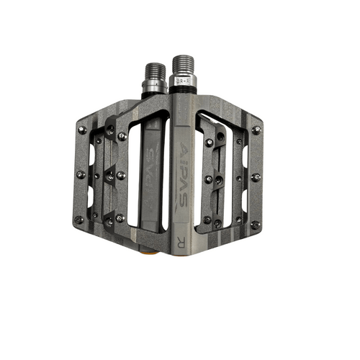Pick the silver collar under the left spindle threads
154,87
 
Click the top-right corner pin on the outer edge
256,130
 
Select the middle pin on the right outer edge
256,176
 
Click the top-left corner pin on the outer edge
82,130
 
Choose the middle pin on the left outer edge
80,174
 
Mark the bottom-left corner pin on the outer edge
78,220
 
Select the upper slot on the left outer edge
91,153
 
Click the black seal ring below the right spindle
184,91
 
